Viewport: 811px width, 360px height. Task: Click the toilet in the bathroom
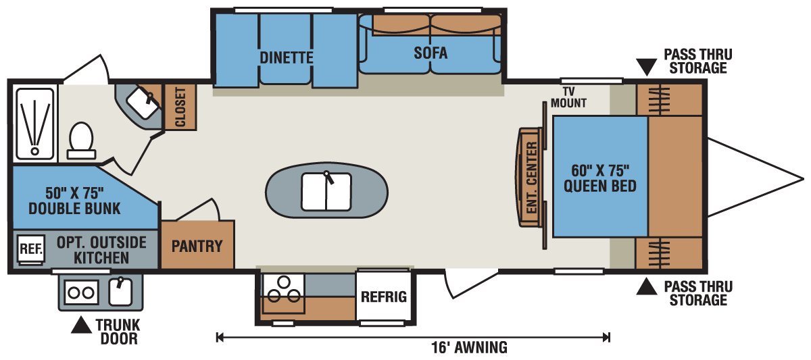(82, 141)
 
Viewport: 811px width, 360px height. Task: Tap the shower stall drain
(34, 151)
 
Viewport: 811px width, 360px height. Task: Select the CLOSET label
(180, 107)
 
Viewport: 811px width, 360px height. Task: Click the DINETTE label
(287, 58)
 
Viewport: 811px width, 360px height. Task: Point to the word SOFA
(431, 53)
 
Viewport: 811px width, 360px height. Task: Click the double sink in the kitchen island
(326, 192)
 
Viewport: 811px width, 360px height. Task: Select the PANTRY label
(197, 247)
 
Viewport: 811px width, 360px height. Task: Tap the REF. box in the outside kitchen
(31, 249)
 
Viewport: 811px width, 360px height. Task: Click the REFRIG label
(384, 297)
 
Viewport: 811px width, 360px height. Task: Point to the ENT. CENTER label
(531, 177)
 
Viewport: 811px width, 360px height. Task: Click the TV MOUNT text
(568, 97)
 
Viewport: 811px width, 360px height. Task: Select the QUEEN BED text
(600, 186)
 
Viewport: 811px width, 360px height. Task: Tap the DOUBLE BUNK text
(74, 209)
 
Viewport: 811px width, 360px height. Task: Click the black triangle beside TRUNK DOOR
(81, 325)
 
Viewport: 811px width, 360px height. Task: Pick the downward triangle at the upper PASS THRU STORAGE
(647, 67)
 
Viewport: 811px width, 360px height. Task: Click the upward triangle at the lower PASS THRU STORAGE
(647, 286)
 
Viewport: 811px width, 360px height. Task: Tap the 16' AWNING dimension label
(469, 348)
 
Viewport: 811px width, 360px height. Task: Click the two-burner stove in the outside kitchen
(82, 292)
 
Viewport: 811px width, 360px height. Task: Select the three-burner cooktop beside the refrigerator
(283, 293)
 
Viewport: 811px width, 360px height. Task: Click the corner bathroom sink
(143, 103)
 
